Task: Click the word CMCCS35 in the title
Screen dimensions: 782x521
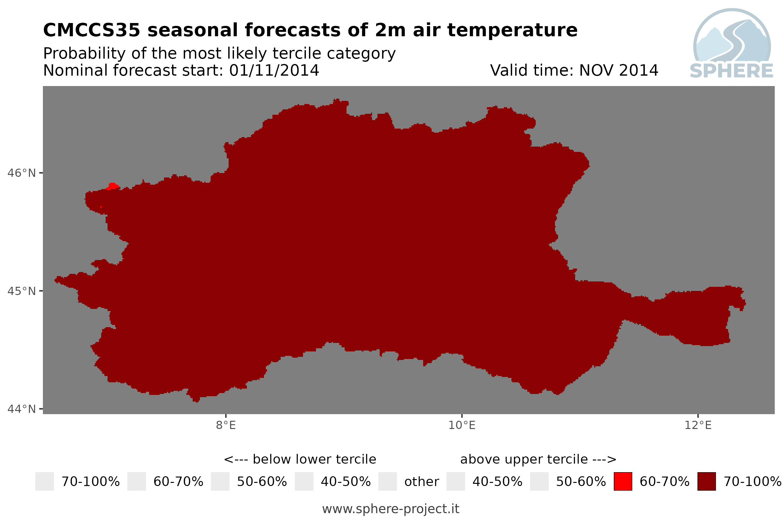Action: click(92, 30)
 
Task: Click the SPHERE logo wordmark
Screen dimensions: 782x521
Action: click(731, 71)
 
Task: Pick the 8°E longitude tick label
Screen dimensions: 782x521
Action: click(226, 425)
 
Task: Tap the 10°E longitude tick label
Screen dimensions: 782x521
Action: click(462, 425)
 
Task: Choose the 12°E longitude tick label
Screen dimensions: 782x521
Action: click(698, 425)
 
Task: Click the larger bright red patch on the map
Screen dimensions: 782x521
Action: click(113, 186)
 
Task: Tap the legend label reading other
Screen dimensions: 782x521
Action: click(421, 482)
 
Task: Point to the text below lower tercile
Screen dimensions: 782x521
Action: click(314, 459)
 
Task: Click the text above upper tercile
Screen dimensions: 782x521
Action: click(524, 459)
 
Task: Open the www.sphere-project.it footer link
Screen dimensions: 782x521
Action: click(391, 509)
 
